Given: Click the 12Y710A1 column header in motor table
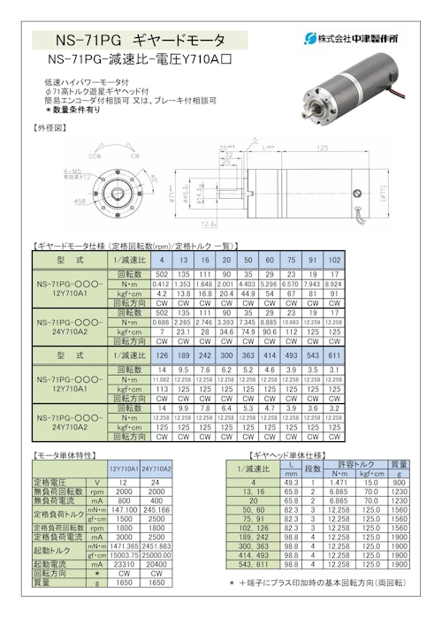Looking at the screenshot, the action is (124, 468).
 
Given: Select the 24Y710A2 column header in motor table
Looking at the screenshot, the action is (156, 468).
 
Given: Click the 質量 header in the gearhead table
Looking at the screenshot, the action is (399, 463).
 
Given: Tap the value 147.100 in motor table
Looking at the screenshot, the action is (124, 510).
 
